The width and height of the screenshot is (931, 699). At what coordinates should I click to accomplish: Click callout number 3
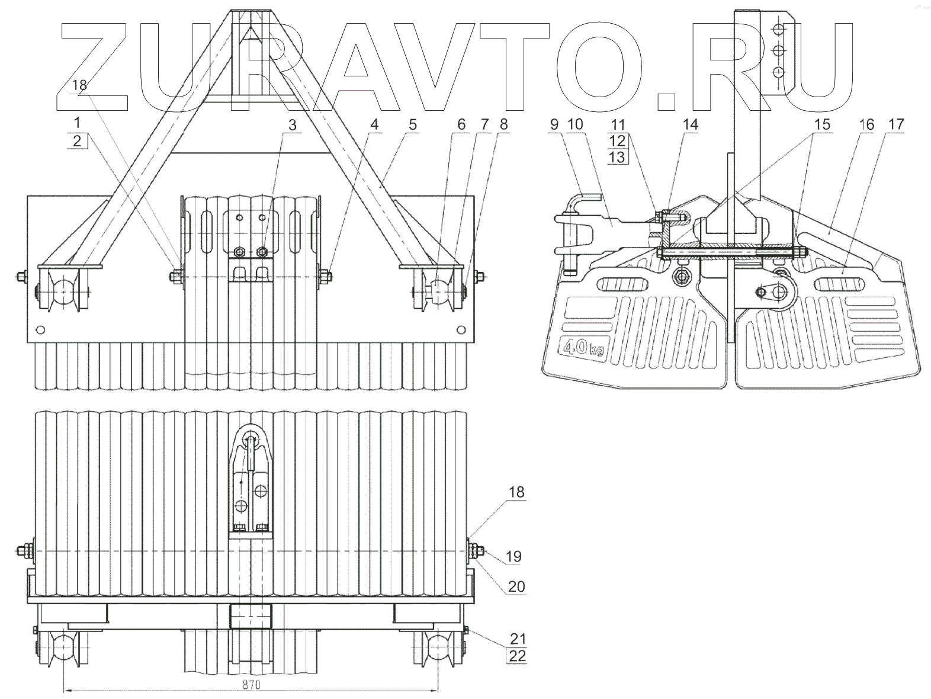(x=291, y=126)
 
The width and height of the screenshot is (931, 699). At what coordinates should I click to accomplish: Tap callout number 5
(x=413, y=125)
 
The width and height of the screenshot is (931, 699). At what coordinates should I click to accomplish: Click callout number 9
(x=554, y=124)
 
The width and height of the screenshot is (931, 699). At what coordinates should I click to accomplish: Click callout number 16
(x=867, y=124)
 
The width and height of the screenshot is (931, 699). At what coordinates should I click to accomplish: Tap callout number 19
(x=513, y=556)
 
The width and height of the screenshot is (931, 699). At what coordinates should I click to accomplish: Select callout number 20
(x=516, y=586)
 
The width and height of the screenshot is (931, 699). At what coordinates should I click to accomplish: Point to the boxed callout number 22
(x=516, y=656)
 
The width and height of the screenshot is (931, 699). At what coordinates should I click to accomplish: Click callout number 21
(x=516, y=639)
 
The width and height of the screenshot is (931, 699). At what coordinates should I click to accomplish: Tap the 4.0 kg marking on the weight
(x=584, y=348)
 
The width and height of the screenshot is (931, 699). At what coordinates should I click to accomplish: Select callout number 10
(x=576, y=124)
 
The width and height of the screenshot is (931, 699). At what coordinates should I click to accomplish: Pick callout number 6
(x=461, y=125)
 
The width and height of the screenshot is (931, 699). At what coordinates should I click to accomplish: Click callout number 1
(x=77, y=124)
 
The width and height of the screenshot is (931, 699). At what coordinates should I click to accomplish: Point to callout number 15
(x=821, y=125)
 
